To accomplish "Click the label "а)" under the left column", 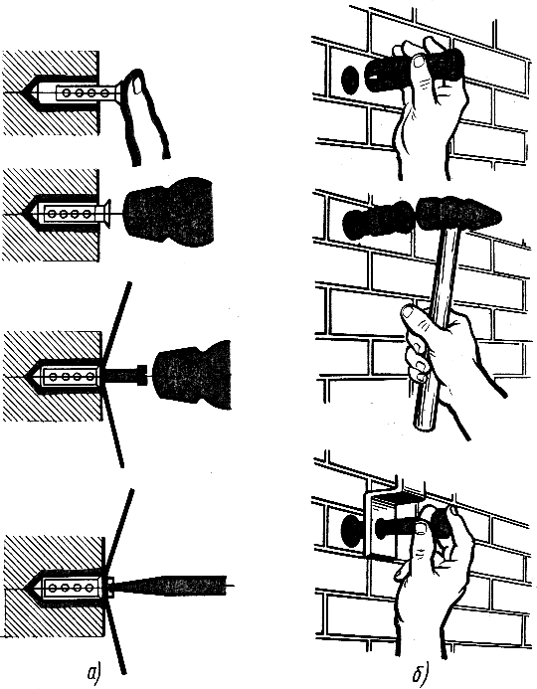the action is click(x=94, y=673).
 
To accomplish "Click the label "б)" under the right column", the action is click(x=421, y=673).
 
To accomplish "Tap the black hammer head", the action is click(x=457, y=213).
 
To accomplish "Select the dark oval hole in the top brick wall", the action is click(x=350, y=80).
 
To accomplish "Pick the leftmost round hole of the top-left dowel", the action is click(x=67, y=92).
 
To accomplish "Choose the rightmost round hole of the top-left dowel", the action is click(x=104, y=92).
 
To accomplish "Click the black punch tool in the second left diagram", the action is click(x=169, y=212).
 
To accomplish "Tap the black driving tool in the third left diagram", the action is click(x=193, y=375).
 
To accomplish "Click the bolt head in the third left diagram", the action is click(x=141, y=375).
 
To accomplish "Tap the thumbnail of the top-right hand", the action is click(x=419, y=61).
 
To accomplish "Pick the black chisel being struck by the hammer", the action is click(x=379, y=218).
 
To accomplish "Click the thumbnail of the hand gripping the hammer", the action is click(x=409, y=312).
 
